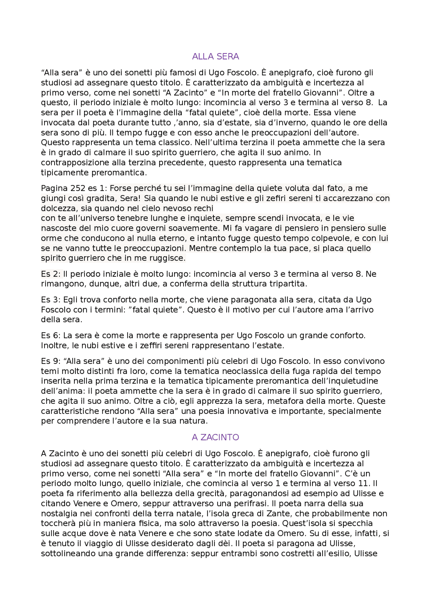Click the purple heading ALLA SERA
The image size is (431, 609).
[215, 56]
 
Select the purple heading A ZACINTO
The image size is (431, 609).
[215, 437]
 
